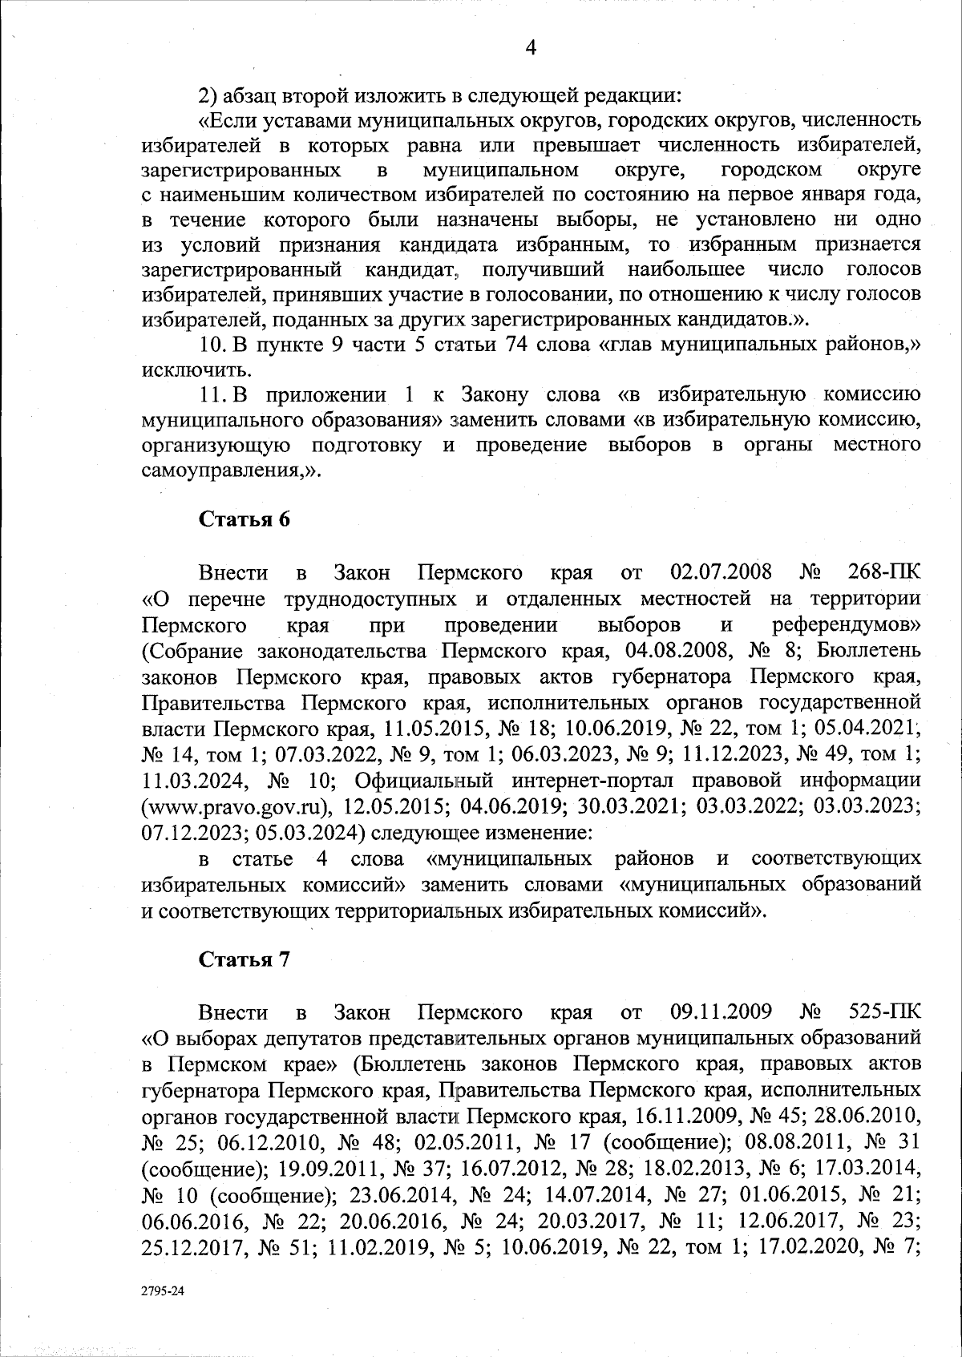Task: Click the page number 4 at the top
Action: [530, 47]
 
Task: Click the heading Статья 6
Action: [244, 519]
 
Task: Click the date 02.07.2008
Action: [720, 573]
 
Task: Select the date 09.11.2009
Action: [720, 1012]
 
